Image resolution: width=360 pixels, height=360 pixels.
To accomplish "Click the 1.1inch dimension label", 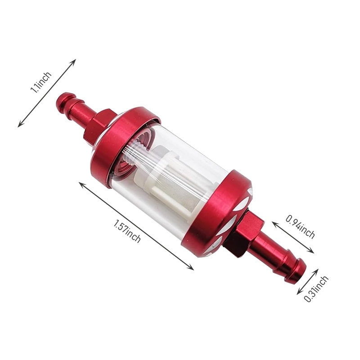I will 41,81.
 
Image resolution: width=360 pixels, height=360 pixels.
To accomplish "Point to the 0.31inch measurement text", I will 316,288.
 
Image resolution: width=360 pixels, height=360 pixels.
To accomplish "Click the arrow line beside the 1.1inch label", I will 47,93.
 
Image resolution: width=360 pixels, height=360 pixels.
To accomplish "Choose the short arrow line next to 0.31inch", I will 308,282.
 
